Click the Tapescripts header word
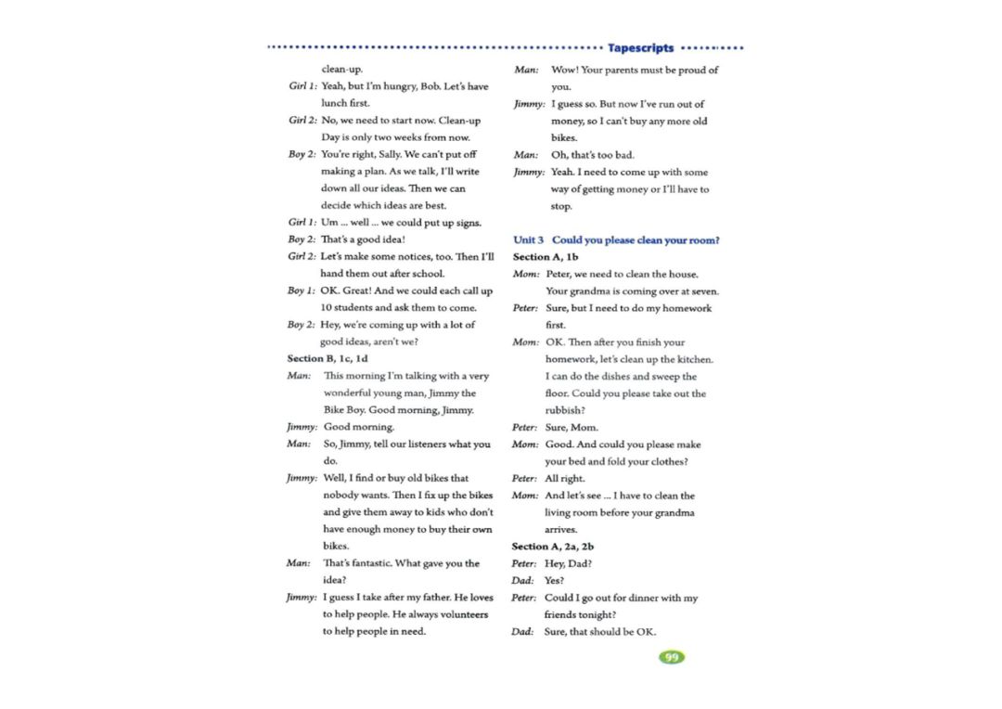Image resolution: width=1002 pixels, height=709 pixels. click(641, 48)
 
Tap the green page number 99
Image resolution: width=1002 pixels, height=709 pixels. click(671, 657)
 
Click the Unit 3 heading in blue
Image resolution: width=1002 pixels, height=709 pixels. click(616, 240)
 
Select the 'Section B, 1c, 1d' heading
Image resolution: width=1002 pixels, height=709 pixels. click(328, 358)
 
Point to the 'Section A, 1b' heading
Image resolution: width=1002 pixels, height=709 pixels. click(546, 257)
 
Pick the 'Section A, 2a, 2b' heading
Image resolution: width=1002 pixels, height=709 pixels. click(552, 547)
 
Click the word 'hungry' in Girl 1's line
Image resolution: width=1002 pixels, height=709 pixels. click(401, 86)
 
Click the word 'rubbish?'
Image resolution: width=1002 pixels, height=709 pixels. click(564, 410)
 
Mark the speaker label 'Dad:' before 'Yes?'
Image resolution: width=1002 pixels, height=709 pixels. click(522, 581)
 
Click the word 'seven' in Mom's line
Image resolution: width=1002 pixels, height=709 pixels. click(702, 290)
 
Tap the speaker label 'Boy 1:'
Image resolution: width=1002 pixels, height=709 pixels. click(302, 291)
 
